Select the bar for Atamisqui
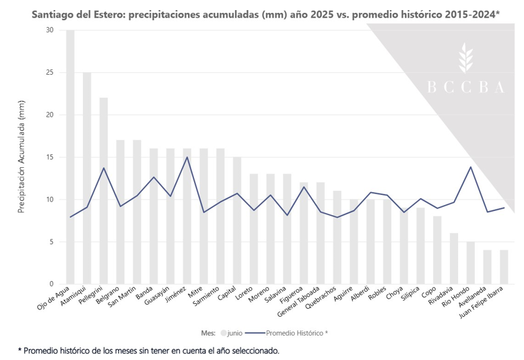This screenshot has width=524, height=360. [x=87, y=178]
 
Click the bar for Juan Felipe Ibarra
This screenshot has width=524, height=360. [x=504, y=267]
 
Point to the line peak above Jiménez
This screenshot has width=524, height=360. [x=187, y=157]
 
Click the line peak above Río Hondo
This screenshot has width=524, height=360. [x=471, y=167]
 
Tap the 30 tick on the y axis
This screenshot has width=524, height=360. [x=50, y=30]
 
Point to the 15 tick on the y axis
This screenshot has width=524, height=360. [x=50, y=157]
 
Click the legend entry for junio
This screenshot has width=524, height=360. [x=232, y=332]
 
